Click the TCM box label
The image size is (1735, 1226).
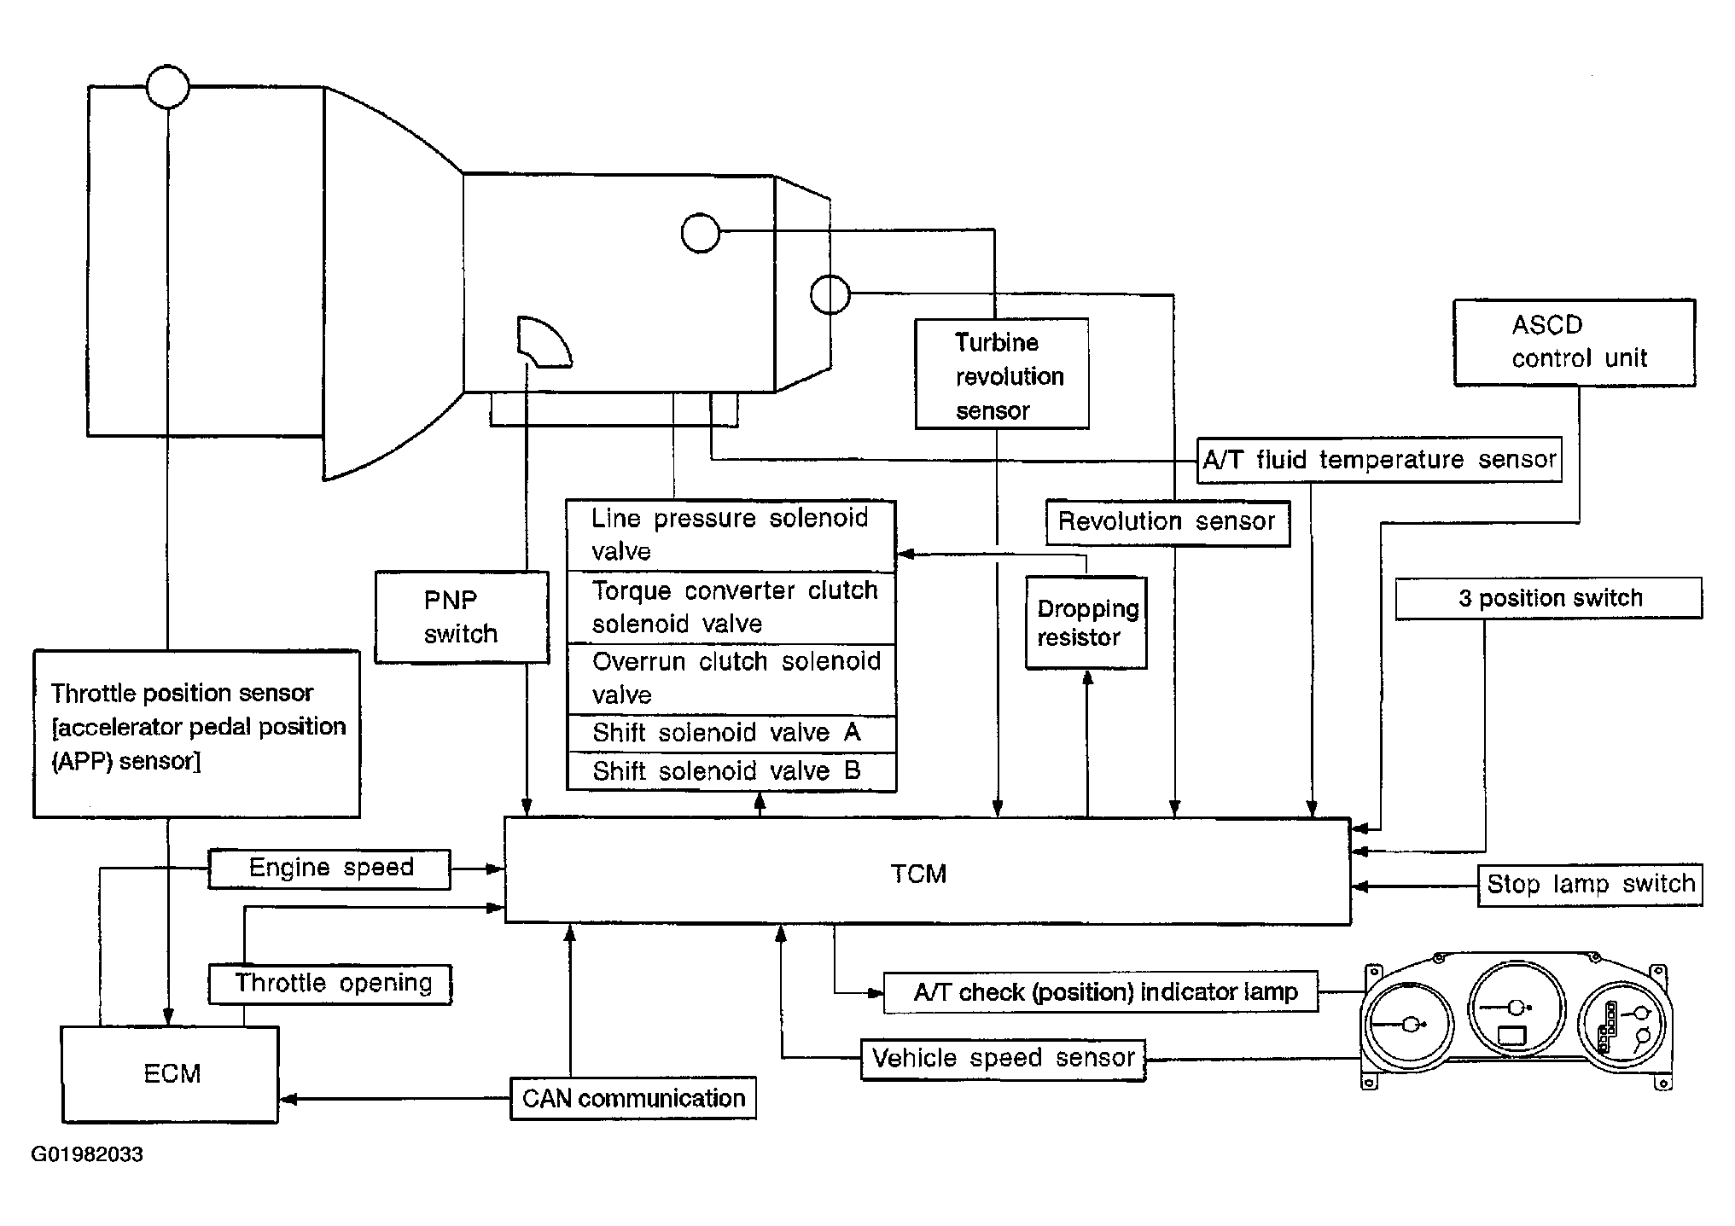[x=918, y=874]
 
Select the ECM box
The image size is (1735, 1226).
[x=170, y=1074]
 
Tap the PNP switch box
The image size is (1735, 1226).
[x=462, y=617]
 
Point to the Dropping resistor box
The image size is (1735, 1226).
[x=1086, y=623]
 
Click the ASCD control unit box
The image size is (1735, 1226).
[x=1575, y=342]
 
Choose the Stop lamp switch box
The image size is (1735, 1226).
[x=1590, y=885]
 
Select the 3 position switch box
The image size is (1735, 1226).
[x=1549, y=598]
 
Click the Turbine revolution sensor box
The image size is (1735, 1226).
[x=1002, y=374]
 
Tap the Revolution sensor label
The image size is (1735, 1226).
[x=1167, y=521]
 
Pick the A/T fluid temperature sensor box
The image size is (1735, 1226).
[x=1379, y=461]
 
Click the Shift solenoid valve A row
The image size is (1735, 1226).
[x=731, y=734]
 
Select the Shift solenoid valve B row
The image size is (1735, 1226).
[x=731, y=772]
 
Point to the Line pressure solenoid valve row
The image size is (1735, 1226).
[x=731, y=536]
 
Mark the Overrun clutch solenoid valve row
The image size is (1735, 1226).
[x=731, y=680]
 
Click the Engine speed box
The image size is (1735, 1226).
[x=329, y=869]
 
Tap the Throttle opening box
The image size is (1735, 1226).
[x=330, y=984]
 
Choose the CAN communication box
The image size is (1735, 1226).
[x=633, y=1098]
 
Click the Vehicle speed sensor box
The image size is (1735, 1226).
[x=1003, y=1060]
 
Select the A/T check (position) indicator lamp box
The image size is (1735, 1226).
[x=1101, y=992]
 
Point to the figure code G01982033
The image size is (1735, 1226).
[x=87, y=1154]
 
